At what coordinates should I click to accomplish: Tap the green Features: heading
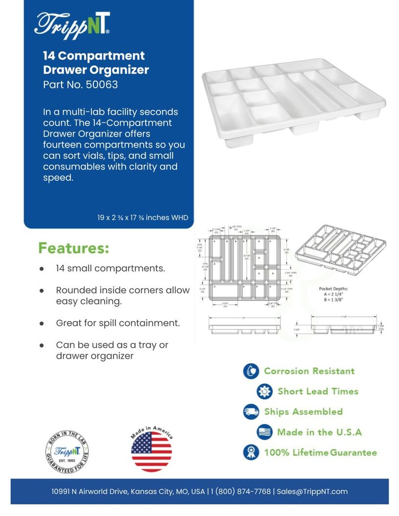(74, 248)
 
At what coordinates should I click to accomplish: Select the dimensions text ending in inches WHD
(143, 218)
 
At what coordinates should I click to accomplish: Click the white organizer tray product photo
(294, 103)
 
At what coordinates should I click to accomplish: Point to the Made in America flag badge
(151, 449)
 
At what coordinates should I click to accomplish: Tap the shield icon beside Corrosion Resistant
(251, 371)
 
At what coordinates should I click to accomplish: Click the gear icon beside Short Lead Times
(264, 392)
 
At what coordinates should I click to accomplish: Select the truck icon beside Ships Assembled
(251, 412)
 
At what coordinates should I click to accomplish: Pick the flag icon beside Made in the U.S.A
(264, 432)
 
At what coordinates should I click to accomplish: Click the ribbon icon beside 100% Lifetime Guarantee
(251, 453)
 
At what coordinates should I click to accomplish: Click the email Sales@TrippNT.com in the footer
(311, 491)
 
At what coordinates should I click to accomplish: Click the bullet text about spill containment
(118, 323)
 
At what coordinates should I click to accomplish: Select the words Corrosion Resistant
(309, 371)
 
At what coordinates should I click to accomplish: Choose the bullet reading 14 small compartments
(110, 268)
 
